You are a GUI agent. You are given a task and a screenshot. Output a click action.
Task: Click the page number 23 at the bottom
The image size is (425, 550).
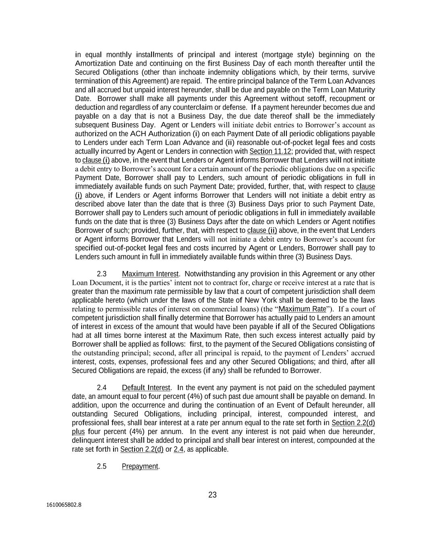[212, 495]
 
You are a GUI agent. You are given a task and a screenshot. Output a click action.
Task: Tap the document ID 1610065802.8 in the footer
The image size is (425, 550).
[64, 504]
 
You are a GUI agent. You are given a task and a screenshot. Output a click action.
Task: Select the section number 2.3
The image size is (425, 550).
[102, 274]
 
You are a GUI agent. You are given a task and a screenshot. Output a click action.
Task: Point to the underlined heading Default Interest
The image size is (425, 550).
[146, 388]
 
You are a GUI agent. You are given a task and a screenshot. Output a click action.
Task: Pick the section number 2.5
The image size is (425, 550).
[102, 466]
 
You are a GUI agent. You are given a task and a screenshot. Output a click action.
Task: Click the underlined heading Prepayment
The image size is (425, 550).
[140, 466]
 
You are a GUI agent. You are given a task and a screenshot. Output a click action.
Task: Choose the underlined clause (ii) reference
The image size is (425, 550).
[262, 230]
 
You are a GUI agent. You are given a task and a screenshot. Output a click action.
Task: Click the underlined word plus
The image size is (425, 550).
[78, 432]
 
